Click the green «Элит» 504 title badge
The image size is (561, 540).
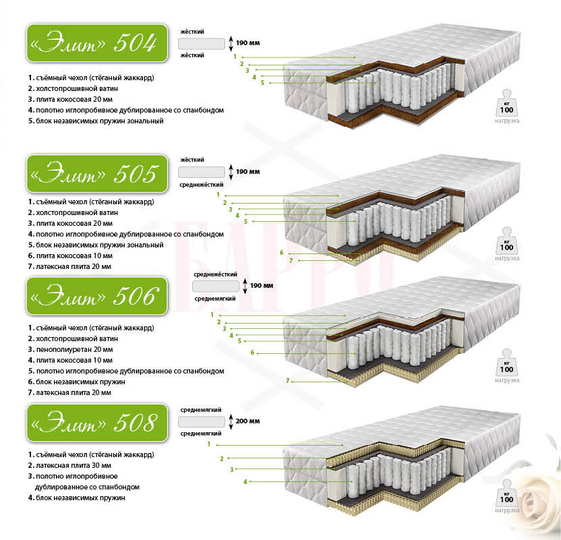[97, 43]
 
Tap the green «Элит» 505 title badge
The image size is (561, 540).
[97, 174]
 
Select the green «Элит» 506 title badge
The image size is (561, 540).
[97, 296]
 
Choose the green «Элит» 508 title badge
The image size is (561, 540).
[97, 423]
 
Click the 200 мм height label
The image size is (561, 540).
[247, 421]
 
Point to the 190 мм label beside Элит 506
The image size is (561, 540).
[262, 285]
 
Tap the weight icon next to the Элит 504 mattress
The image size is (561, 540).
[506, 103]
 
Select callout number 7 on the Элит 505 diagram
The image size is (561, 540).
[291, 260]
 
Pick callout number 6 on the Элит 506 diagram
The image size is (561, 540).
[252, 353]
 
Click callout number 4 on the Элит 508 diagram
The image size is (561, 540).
[245, 482]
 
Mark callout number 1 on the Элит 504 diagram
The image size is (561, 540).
[235, 57]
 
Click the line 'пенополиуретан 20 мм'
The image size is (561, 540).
[74, 349]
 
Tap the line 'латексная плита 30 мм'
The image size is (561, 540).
[73, 465]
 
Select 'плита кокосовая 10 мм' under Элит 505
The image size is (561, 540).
[74, 256]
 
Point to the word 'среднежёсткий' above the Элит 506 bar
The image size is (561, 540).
[215, 274]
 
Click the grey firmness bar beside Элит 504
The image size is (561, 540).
[202, 44]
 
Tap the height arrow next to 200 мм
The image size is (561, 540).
[231, 421]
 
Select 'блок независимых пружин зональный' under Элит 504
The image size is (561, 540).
[100, 121]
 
